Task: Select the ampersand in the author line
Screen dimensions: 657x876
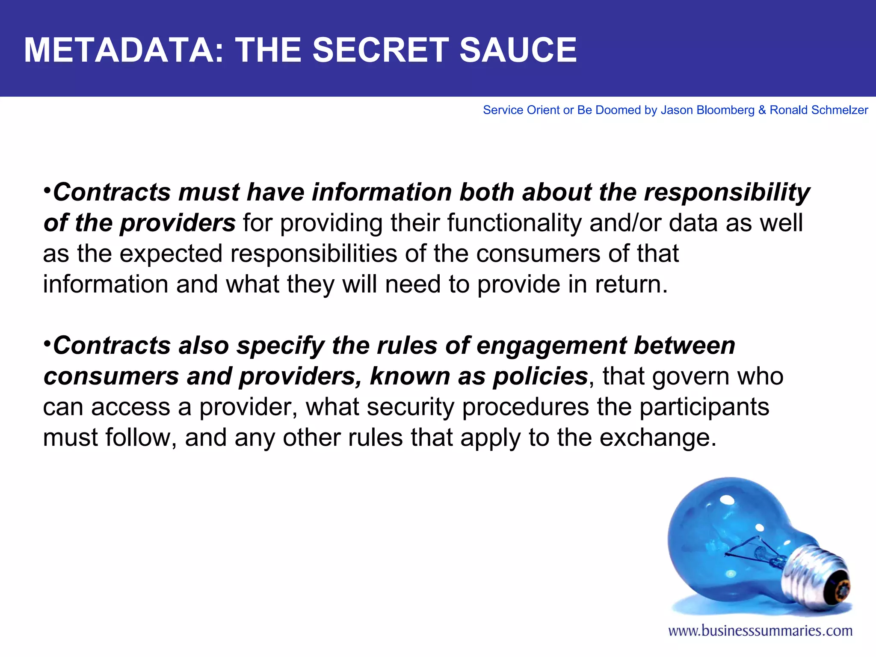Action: (x=762, y=110)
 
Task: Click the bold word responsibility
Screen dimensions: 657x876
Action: (x=727, y=192)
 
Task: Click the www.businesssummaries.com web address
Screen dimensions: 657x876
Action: (x=760, y=631)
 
